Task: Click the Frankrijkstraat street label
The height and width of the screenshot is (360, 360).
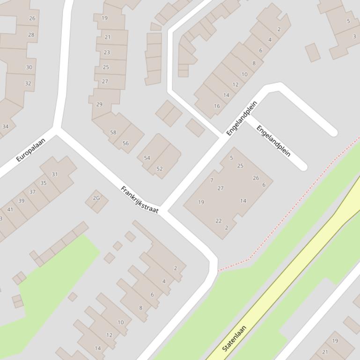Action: [140, 200]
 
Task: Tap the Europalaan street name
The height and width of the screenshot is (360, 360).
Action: [30, 150]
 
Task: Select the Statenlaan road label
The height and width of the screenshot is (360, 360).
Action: [234, 338]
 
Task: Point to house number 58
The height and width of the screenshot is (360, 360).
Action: [113, 132]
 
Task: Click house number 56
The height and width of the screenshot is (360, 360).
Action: [125, 143]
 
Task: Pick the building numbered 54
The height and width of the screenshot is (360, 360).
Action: [147, 158]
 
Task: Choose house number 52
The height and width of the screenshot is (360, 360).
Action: [160, 169]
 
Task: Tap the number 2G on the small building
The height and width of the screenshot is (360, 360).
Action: [96, 198]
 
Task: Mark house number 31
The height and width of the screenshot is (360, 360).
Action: [55, 174]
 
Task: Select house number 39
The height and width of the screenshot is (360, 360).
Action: [21, 201]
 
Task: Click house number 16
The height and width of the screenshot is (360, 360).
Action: [217, 106]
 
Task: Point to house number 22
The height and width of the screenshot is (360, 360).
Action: [218, 221]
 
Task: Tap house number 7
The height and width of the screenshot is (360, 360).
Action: [212, 180]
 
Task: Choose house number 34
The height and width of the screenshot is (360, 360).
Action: [6, 126]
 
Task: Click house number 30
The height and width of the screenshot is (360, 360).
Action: [29, 67]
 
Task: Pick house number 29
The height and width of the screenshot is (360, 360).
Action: [99, 104]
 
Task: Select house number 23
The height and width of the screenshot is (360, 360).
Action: [107, 52]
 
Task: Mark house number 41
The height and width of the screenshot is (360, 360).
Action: [10, 209]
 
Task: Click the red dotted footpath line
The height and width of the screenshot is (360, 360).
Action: [300, 196]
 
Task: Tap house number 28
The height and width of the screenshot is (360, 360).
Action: [31, 35]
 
